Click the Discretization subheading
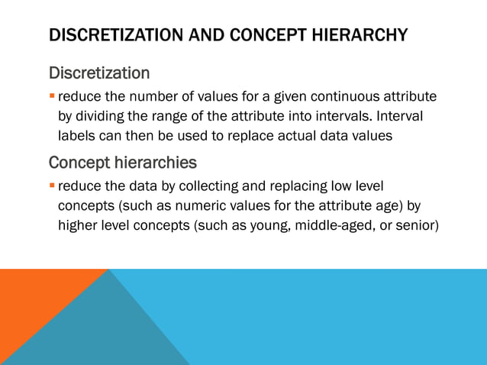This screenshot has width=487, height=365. point(99,74)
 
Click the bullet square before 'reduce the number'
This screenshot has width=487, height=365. point(52,97)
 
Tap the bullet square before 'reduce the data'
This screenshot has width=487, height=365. point(52,186)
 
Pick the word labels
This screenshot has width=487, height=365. point(77,137)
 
